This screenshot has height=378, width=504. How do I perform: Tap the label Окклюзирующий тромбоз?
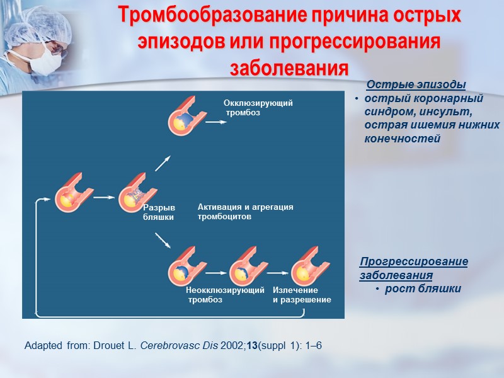coord(258,108)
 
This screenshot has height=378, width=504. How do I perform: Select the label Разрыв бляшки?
coord(158,213)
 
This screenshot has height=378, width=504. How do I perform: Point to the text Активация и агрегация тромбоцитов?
coord(245,212)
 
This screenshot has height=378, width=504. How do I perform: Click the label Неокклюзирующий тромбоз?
coord(225,295)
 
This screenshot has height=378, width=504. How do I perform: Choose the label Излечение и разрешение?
coord(301,295)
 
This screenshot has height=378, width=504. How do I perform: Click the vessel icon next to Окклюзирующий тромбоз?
coord(185,118)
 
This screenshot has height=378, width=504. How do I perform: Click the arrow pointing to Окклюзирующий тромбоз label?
coord(216,122)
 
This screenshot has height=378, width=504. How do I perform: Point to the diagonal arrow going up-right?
coord(163,163)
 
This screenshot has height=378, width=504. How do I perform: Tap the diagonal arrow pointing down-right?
coord(163,240)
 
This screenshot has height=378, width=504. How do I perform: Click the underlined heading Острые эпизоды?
coord(416,85)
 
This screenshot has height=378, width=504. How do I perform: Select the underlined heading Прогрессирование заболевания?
coord(413,268)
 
